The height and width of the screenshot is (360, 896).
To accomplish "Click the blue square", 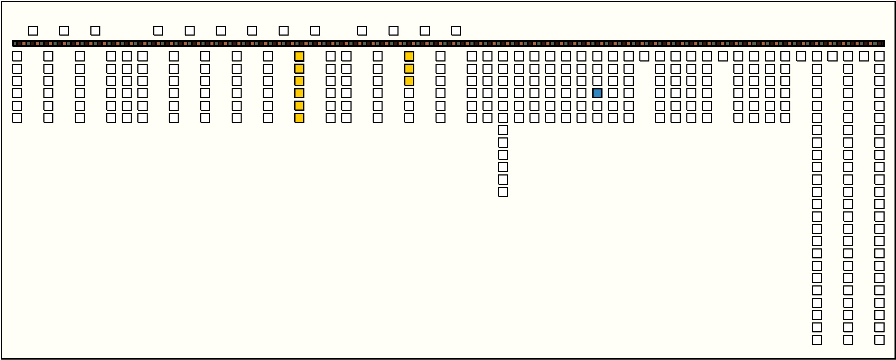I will pyautogui.click(x=597, y=93).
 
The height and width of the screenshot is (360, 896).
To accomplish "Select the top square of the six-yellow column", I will pyautogui.click(x=299, y=56).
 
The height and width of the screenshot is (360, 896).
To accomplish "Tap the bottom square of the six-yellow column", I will pyautogui.click(x=299, y=118).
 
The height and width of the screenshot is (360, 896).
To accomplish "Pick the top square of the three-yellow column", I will pyautogui.click(x=409, y=56).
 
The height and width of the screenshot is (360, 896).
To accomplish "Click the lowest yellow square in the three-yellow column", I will pyautogui.click(x=409, y=81).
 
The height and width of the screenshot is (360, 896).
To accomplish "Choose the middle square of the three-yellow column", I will pyautogui.click(x=409, y=69).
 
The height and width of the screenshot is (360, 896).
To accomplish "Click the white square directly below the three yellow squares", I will pyautogui.click(x=409, y=93).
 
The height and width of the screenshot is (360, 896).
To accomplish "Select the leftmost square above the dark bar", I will pyautogui.click(x=33, y=31).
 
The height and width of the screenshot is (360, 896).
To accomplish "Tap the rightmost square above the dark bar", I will pyautogui.click(x=456, y=31).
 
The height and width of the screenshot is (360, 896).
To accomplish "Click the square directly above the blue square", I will pyautogui.click(x=597, y=81).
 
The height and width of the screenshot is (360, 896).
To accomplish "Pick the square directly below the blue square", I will pyautogui.click(x=597, y=106).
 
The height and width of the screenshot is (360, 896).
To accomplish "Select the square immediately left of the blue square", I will pyautogui.click(x=581, y=93).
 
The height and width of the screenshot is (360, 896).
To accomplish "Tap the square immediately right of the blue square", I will pyautogui.click(x=613, y=93).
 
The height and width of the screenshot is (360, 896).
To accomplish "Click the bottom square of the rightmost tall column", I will pyautogui.click(x=879, y=340).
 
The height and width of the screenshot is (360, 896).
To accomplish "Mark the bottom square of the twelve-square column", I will pyautogui.click(x=503, y=192).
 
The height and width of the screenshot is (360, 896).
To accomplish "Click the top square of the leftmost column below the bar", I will pyautogui.click(x=17, y=56).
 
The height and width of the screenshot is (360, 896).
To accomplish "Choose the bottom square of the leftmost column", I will pyautogui.click(x=17, y=118).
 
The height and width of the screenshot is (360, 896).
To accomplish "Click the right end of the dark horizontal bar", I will pyautogui.click(x=883, y=43).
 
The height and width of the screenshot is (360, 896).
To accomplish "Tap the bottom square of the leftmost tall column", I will pyautogui.click(x=817, y=340).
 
